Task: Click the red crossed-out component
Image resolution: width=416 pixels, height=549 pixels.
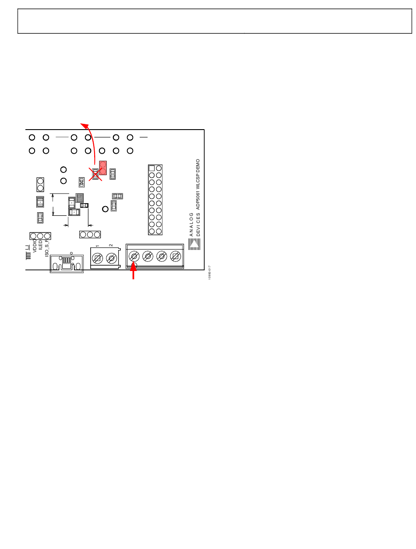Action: [95, 174]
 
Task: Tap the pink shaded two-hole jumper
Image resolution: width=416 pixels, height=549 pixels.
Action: [103, 168]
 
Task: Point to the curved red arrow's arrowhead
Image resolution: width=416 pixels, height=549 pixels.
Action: [82, 125]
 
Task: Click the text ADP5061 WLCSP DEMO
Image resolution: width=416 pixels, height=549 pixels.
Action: [198, 183]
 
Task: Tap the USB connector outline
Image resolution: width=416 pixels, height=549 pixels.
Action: [67, 264]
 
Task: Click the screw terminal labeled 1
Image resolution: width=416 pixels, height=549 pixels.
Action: [98, 259]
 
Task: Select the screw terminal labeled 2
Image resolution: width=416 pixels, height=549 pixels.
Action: [112, 259]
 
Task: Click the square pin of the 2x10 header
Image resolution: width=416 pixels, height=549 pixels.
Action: [152, 168]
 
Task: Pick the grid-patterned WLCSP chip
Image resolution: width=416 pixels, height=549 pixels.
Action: [80, 197]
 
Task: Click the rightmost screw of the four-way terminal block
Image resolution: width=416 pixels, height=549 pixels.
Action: [176, 256]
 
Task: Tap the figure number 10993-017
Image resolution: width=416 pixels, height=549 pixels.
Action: [210, 272]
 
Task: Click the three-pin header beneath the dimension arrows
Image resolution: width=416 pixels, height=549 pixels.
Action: [90, 235]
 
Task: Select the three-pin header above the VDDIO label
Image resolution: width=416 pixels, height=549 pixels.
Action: [40, 236]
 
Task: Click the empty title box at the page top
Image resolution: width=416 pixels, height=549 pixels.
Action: [215, 21]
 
